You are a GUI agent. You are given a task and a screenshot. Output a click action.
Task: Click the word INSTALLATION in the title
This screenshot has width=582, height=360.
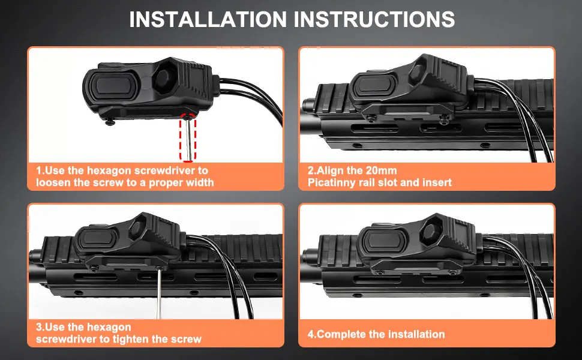(208, 19)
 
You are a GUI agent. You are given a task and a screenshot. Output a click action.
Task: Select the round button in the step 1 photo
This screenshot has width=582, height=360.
(163, 77)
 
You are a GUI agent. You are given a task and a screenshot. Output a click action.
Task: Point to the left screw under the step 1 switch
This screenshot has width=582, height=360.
(109, 121)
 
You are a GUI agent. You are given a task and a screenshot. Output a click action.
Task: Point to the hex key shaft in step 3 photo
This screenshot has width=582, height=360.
(159, 293)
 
